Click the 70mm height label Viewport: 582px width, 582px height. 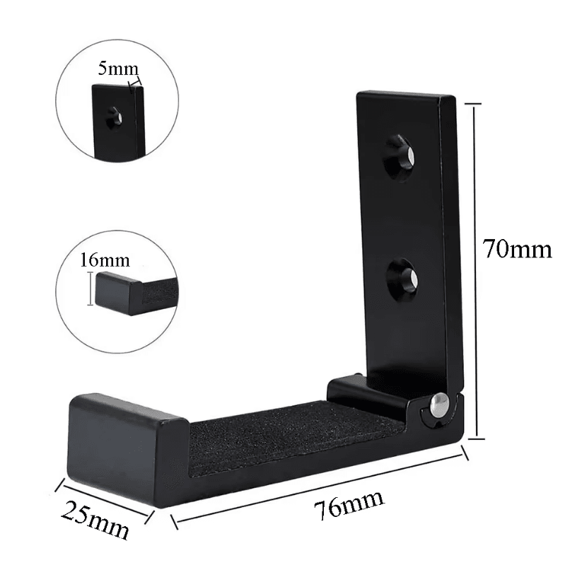517,249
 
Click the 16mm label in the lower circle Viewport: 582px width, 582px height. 97,260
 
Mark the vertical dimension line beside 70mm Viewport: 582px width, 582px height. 474,269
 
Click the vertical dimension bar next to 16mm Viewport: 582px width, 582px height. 89,290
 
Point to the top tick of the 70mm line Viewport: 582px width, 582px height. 473,103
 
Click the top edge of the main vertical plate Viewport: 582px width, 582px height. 403,95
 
